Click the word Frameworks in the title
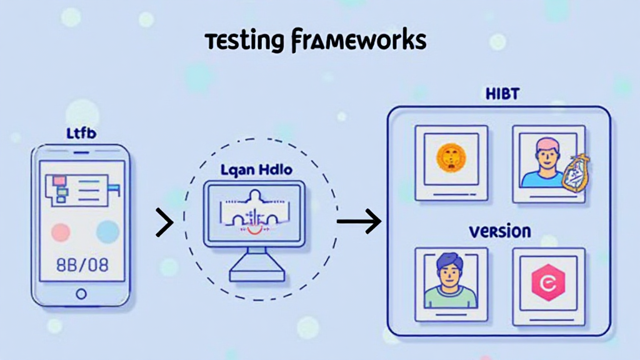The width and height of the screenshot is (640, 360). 358,41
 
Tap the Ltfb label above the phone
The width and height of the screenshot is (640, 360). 81,132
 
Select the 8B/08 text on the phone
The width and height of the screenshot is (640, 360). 81,264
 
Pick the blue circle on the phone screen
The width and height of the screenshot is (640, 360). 107,232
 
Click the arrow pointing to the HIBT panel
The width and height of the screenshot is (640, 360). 359,221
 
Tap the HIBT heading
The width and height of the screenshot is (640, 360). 502,94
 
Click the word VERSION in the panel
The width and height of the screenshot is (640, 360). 499,231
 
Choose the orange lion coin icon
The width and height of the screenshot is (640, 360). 451,157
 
